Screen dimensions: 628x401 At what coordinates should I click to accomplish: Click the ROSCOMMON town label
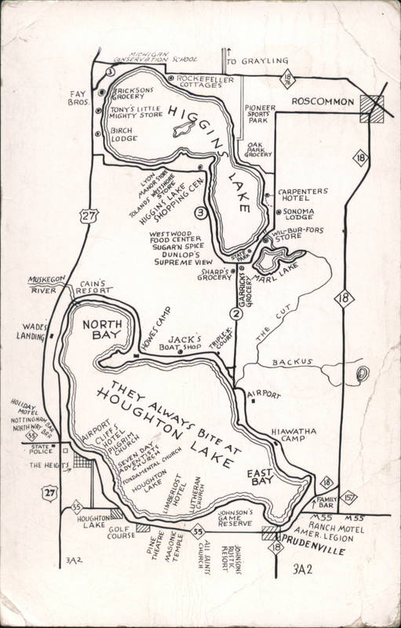click(x=318, y=103)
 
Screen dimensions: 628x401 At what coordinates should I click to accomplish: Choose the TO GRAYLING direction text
click(x=257, y=60)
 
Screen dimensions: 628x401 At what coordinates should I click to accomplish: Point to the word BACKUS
click(x=291, y=362)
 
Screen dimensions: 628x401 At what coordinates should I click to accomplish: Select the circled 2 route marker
click(x=234, y=315)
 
